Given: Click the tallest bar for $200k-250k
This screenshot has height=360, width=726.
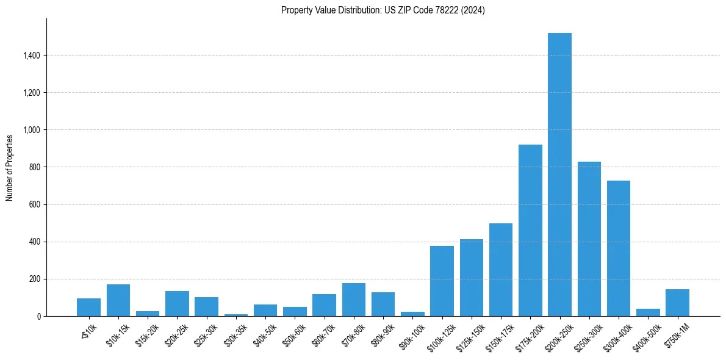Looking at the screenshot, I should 559,175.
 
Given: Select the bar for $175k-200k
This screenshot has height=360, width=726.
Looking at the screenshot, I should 530,231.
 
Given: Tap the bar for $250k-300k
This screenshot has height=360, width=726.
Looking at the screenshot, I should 589,239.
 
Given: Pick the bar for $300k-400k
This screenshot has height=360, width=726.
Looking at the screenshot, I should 619,248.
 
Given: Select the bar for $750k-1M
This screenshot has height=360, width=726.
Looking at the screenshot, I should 677,303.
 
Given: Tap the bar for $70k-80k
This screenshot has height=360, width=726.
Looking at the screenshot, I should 354,300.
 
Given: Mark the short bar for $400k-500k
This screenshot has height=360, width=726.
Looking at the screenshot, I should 648,312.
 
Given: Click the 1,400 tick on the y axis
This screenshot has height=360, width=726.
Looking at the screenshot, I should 32,56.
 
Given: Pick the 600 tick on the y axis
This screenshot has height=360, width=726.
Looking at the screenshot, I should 35,204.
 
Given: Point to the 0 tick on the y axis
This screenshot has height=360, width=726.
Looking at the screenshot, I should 39,317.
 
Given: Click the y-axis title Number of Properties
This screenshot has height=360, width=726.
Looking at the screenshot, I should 9,167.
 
